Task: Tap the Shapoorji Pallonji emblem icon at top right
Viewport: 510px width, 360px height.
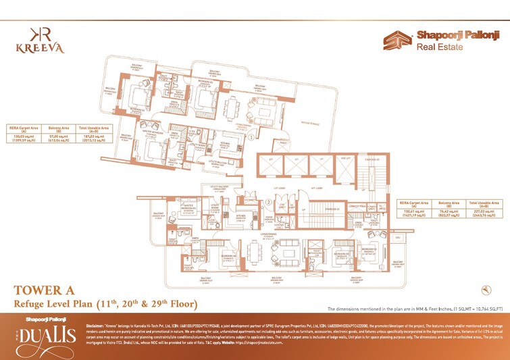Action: coord(395,41)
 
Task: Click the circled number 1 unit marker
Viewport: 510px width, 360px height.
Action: coord(251,136)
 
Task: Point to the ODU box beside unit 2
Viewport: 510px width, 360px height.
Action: coord(398,238)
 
